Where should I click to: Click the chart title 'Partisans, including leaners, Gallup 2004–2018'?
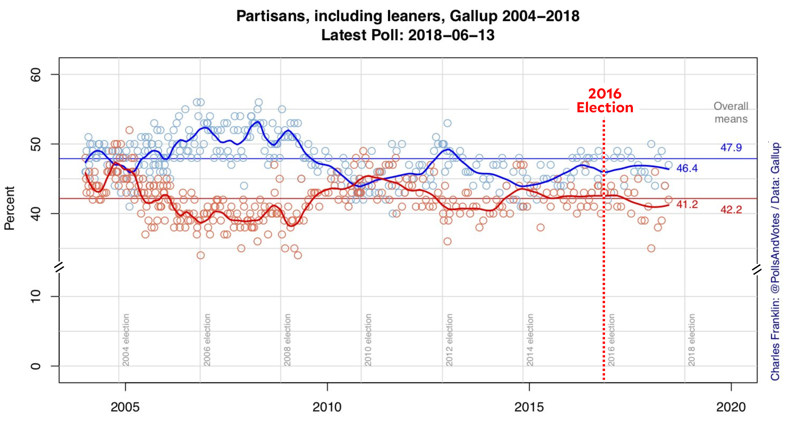pyautogui.click(x=408, y=16)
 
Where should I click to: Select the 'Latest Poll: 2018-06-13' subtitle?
pyautogui.click(x=408, y=35)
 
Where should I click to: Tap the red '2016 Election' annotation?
pyautogui.click(x=605, y=100)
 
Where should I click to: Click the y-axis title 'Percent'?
pyautogui.click(x=10, y=208)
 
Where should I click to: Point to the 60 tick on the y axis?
pyautogui.click(x=36, y=74)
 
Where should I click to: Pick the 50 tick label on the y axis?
pyautogui.click(x=36, y=144)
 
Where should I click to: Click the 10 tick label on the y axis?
pyautogui.click(x=36, y=296)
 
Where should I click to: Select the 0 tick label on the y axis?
pyautogui.click(x=36, y=366)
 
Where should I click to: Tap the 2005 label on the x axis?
pyautogui.click(x=125, y=407)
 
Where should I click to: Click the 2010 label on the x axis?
pyautogui.click(x=327, y=407)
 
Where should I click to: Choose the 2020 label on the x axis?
pyautogui.click(x=731, y=407)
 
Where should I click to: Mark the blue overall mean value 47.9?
pyautogui.click(x=731, y=147)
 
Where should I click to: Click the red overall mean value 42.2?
pyautogui.click(x=731, y=209)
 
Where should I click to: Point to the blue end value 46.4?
pyautogui.click(x=687, y=168)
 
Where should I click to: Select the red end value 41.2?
pyautogui.click(x=687, y=204)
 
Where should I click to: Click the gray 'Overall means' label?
pyautogui.click(x=731, y=112)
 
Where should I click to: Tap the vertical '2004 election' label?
pyautogui.click(x=126, y=340)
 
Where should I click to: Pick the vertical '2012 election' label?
pyautogui.click(x=449, y=340)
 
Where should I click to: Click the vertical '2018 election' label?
pyautogui.click(x=692, y=340)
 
